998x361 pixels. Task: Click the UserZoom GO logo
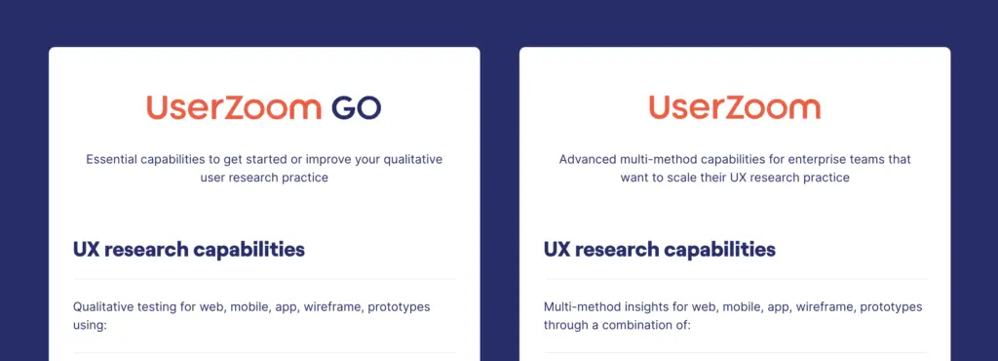point(263,107)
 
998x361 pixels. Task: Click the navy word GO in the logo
point(356,107)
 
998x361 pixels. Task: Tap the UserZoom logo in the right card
point(734,107)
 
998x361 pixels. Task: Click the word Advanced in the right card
point(588,159)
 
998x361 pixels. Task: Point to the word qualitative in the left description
point(412,159)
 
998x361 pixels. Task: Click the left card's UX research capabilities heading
point(188,249)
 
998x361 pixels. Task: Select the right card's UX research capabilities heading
point(659,249)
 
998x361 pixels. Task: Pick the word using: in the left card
point(90,325)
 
